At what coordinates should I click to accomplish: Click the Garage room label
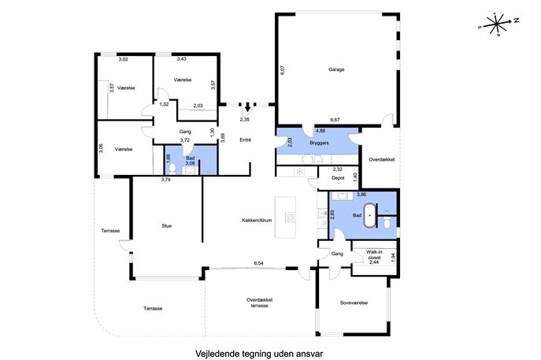click(x=336, y=69)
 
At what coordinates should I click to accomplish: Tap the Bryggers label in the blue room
click(x=319, y=143)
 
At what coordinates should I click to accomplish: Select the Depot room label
click(x=338, y=178)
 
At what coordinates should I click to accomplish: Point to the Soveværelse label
click(x=354, y=302)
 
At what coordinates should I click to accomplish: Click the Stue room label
click(x=167, y=226)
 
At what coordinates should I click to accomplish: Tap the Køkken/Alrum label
click(x=257, y=221)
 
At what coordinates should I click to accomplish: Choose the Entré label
click(x=246, y=139)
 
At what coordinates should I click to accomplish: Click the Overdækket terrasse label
click(x=259, y=302)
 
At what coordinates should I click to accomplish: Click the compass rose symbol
click(x=497, y=24)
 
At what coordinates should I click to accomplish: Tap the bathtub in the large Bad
click(x=370, y=215)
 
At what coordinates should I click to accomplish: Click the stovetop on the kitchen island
click(x=290, y=217)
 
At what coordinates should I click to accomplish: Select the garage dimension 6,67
click(x=335, y=120)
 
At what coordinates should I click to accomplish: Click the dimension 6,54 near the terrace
click(x=259, y=263)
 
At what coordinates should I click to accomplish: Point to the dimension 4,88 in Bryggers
click(x=321, y=131)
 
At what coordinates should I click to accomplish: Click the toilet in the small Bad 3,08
click(x=172, y=169)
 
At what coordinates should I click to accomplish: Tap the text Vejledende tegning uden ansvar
click(x=259, y=354)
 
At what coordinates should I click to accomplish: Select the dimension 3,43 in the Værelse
click(x=181, y=58)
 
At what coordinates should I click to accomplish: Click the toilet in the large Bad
click(x=387, y=222)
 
